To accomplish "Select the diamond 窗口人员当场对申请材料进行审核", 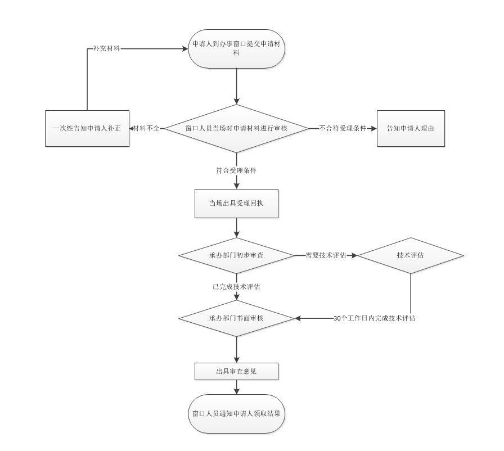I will coord(236,128).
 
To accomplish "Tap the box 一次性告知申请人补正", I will coord(87,128).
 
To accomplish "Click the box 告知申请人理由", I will coord(411,128).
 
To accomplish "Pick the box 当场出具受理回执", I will coord(236,203).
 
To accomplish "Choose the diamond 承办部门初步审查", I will coord(236,255).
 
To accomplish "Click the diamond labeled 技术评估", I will coord(411,255).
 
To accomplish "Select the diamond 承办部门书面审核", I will coord(236,318).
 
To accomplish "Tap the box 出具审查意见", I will coord(236,372).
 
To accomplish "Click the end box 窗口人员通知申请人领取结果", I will coord(236,413).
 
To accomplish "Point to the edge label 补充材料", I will coord(107,48).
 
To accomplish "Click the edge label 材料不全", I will coord(146,128).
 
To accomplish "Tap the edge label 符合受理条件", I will coord(236,170).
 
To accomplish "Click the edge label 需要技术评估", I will coord(326,255).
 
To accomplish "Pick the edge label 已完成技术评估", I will coord(236,287).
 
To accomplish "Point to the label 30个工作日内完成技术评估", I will coord(375,318).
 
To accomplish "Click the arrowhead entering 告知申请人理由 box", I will coord(373,128).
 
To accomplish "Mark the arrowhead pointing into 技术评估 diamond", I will coord(354,255).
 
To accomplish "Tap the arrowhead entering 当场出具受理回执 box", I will coord(236,186).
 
